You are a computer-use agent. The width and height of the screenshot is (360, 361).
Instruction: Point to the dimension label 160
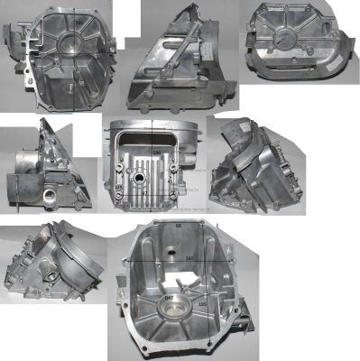click(189, 259)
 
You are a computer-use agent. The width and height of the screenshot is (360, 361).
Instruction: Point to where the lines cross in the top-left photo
click(71, 51)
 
